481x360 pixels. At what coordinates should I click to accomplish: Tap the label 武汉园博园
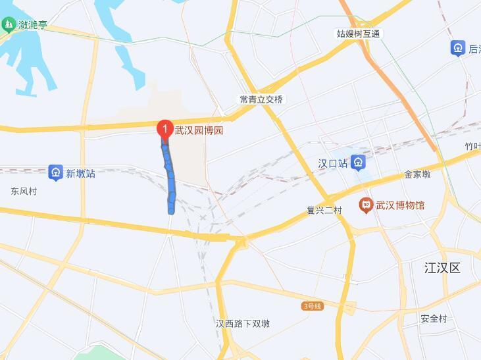(199, 130)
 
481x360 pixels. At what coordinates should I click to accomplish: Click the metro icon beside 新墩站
(56, 173)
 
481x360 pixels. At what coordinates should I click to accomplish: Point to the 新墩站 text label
(80, 174)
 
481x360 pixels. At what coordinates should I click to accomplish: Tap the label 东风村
(24, 192)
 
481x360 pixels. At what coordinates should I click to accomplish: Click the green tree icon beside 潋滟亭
(8, 25)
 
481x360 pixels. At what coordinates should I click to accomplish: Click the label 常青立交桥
(261, 99)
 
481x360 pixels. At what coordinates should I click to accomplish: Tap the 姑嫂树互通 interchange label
(359, 34)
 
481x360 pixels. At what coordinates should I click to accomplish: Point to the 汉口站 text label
(332, 163)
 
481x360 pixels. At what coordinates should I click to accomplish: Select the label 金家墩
(417, 174)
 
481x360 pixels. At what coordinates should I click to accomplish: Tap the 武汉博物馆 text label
(400, 205)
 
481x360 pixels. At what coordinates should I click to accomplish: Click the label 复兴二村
(324, 211)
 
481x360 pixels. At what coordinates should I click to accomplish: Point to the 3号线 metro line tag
(312, 306)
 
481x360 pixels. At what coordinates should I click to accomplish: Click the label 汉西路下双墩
(243, 324)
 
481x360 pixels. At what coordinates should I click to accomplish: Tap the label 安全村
(434, 319)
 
